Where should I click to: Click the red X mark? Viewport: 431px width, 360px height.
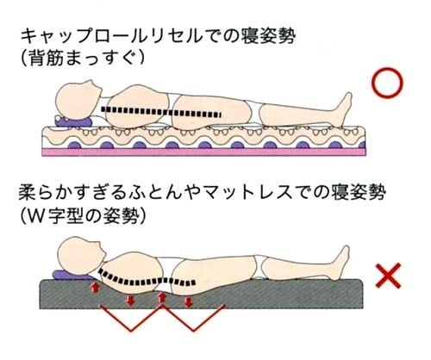(x=388, y=276)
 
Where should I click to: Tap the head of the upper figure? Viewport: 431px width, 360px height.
(x=78, y=99)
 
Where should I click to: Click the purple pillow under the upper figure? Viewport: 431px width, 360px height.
(x=74, y=122)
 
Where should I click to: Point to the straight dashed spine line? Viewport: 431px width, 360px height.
(x=161, y=112)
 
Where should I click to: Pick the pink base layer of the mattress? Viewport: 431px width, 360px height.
(x=204, y=152)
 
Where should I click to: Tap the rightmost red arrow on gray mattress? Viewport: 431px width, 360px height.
(x=188, y=301)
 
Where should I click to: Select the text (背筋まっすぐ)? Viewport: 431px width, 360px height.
(x=83, y=58)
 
